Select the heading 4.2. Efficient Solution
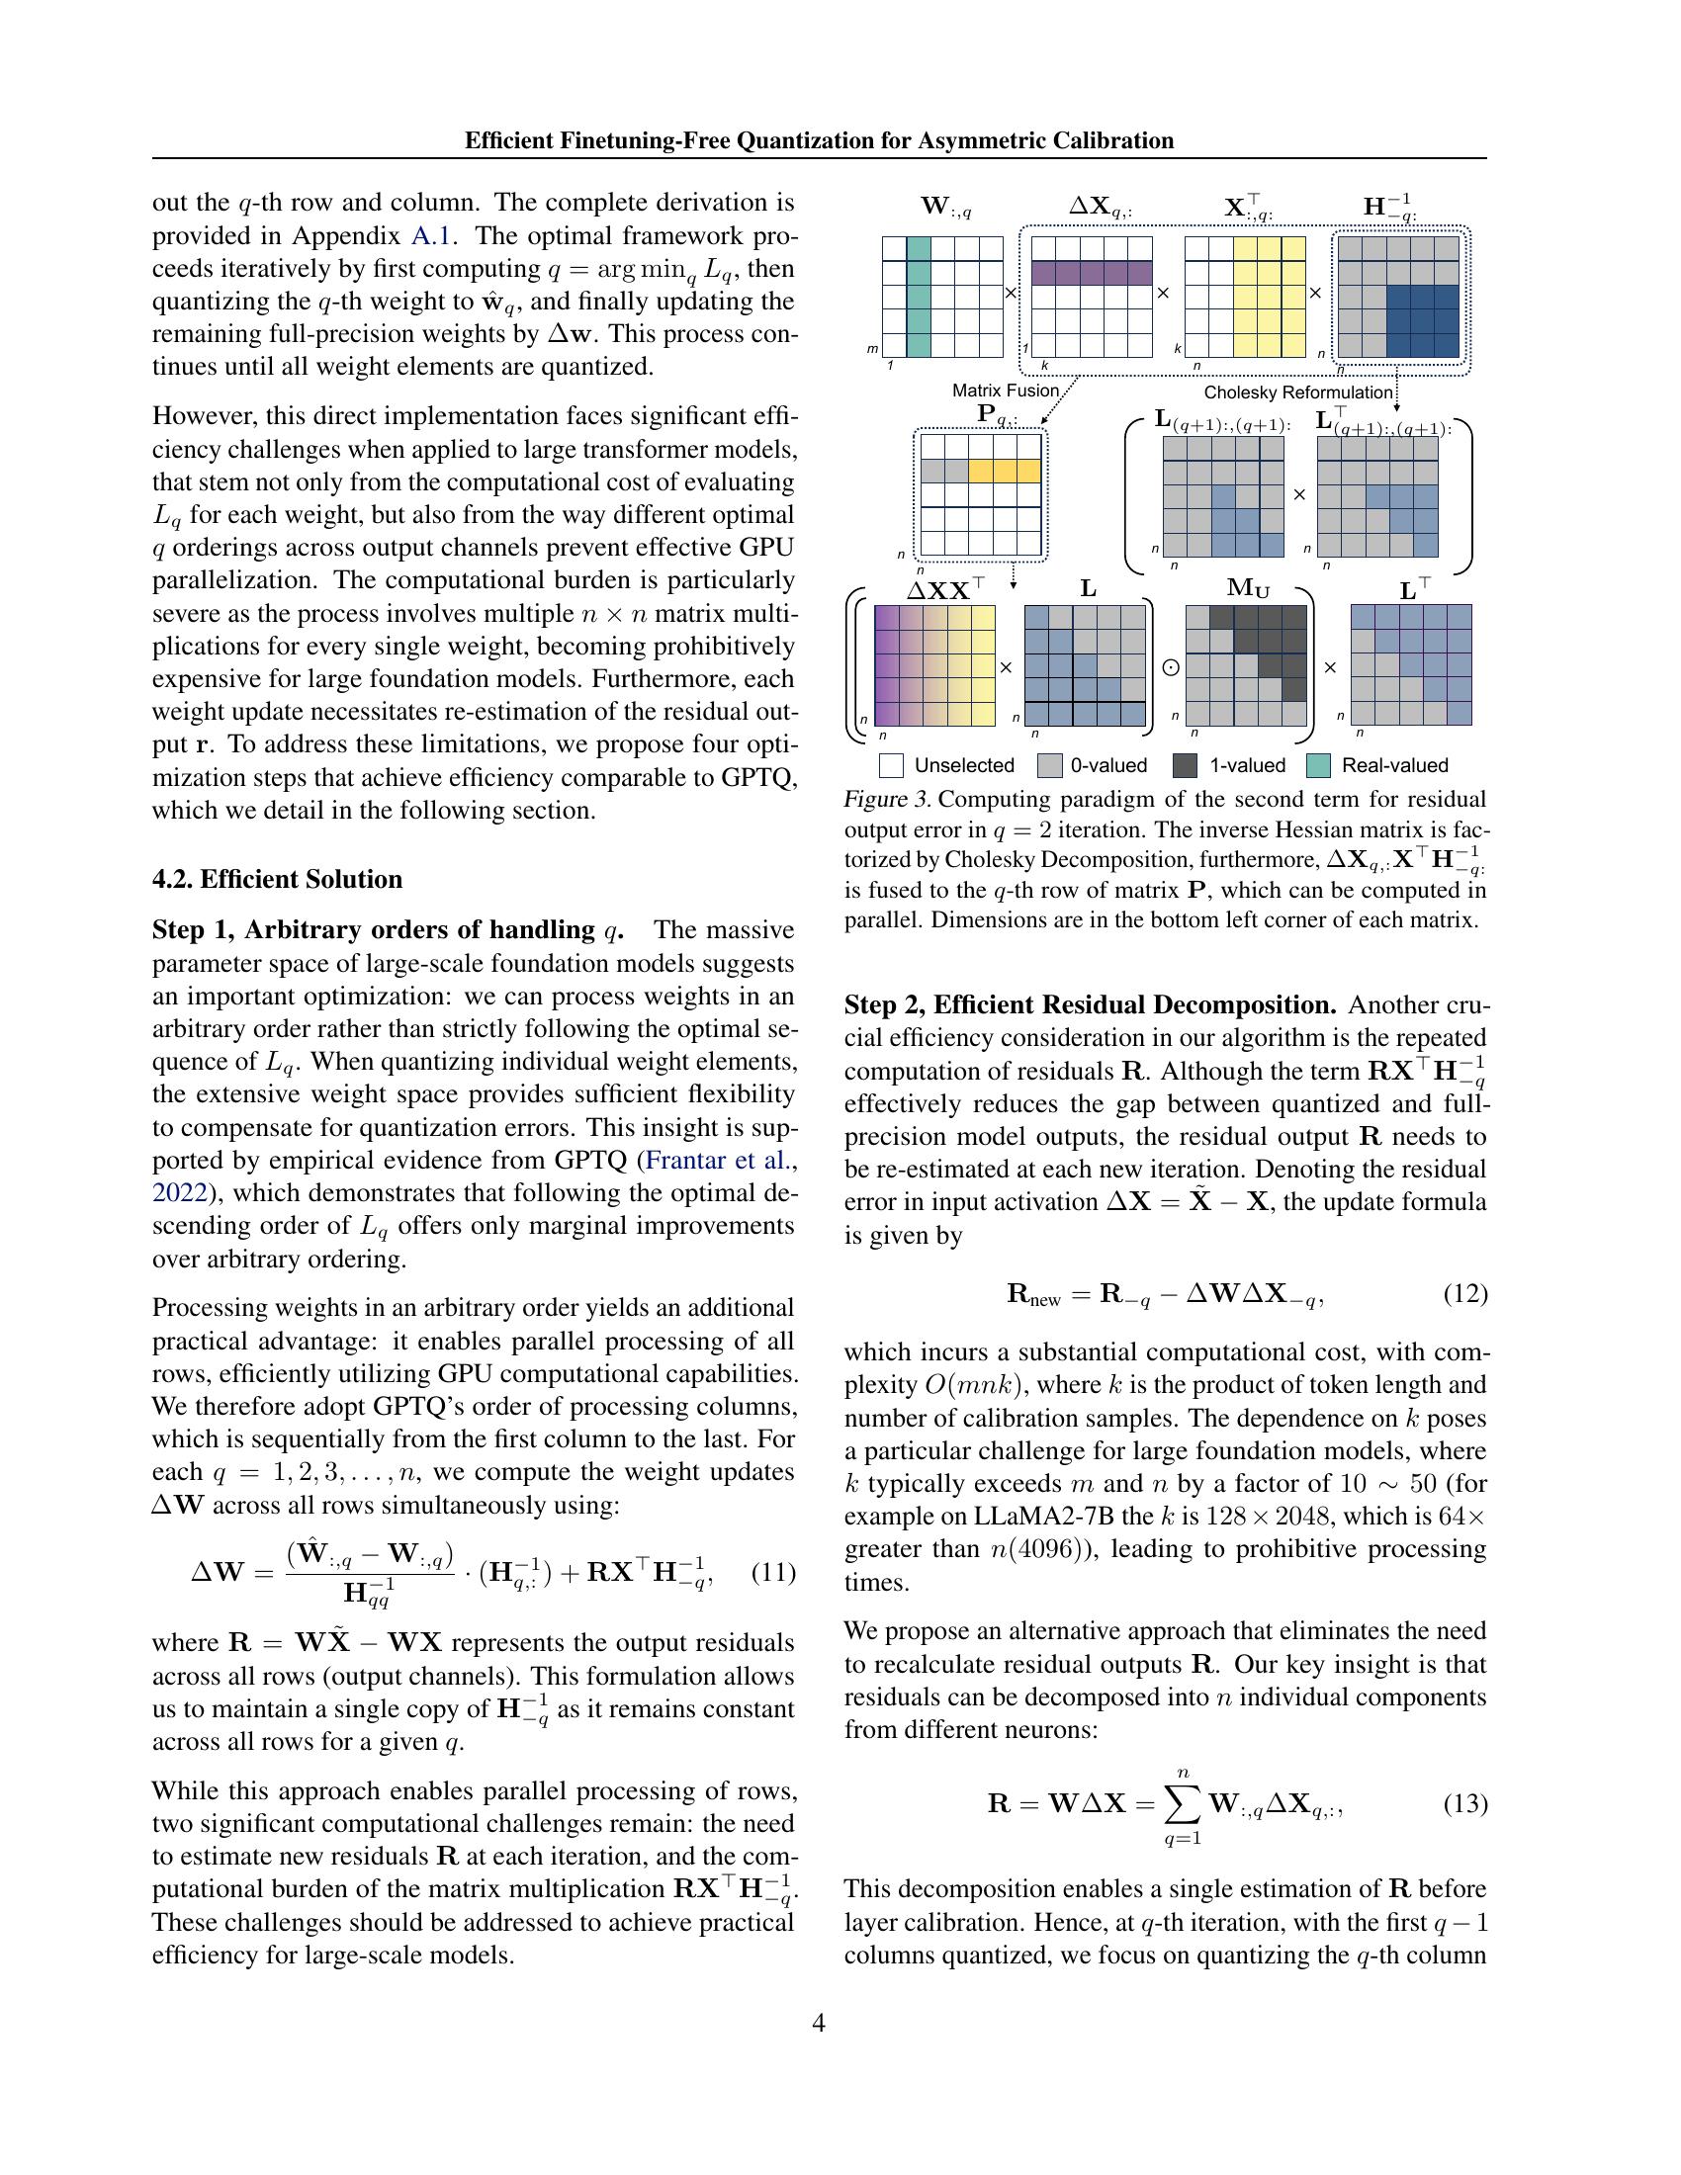277,879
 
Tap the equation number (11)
773,1573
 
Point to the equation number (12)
1464,1294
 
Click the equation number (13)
1464,1803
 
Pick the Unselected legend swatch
891,765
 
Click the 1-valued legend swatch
1185,765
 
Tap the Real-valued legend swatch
1317,765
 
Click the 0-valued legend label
1108,765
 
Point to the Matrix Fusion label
1005,391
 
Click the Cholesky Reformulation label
1297,392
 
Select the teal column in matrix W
919,297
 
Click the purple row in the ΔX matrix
1091,273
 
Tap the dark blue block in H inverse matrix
1421,320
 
